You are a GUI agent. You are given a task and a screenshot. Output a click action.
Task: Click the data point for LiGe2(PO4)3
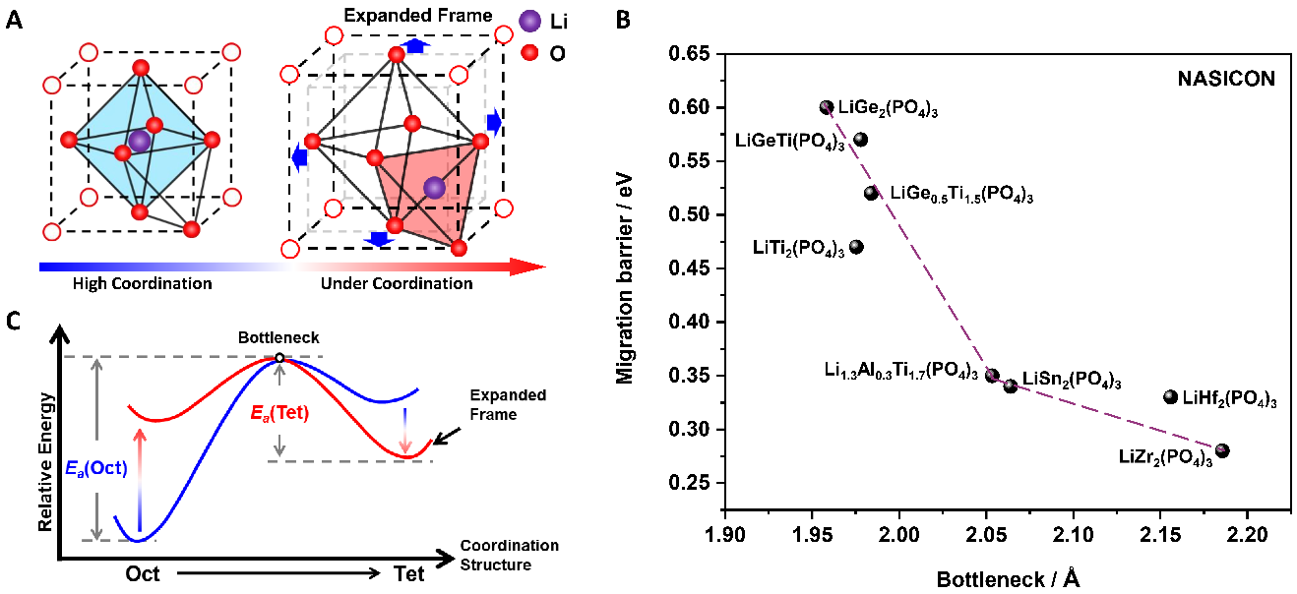pos(827,107)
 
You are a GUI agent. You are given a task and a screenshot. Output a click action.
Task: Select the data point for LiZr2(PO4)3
pos(1223,451)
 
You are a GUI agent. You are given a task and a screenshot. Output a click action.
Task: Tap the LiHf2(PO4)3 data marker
pos(1170,397)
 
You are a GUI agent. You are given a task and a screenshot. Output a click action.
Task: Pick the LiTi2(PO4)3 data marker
pos(856,247)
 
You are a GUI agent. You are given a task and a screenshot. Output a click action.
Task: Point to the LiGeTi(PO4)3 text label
pos(790,142)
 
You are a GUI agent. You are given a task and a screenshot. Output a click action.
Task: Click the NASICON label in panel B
pos(1224,79)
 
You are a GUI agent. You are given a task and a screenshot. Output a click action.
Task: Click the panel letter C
pos(13,322)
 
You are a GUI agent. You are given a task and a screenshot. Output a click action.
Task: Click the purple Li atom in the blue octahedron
pos(140,142)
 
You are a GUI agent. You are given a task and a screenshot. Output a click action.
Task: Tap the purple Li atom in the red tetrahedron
pos(435,187)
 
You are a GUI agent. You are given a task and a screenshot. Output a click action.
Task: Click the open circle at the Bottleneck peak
pos(279,358)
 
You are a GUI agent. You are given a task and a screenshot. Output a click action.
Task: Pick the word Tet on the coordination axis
pos(409,573)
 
